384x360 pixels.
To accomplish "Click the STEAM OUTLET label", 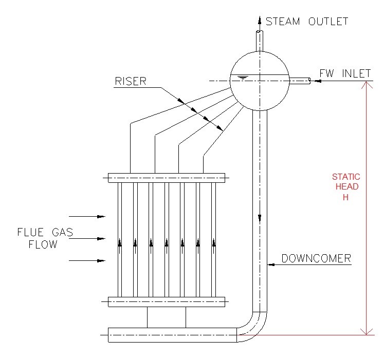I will click(x=307, y=21).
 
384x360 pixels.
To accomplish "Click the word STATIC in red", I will click(x=346, y=177).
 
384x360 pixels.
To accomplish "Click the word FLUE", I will click(x=30, y=233).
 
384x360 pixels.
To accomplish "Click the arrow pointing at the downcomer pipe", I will click(x=272, y=264).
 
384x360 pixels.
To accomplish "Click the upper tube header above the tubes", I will click(x=166, y=178).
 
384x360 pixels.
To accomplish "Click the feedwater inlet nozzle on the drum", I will click(x=300, y=81).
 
